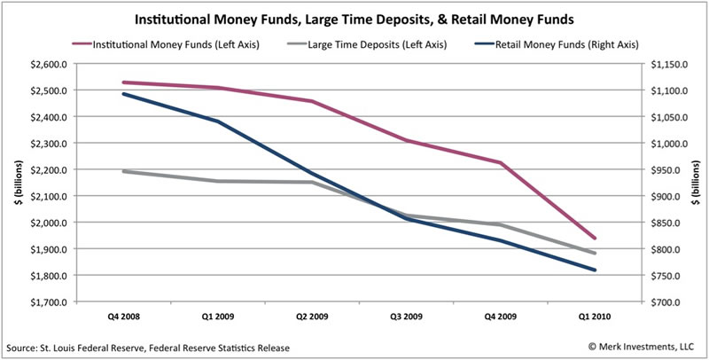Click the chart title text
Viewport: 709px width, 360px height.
[x=354, y=17]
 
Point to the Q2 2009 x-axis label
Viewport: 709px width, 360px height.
[x=311, y=316]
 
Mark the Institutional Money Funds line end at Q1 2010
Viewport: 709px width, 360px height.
[x=595, y=239]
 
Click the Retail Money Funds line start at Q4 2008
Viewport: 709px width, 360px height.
[x=123, y=94]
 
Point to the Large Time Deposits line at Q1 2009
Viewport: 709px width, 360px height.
[x=217, y=181]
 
